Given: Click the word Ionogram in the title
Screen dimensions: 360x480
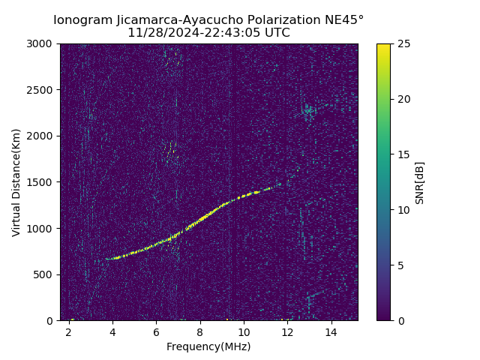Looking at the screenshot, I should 82,19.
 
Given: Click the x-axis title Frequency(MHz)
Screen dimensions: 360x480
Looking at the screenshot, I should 208,346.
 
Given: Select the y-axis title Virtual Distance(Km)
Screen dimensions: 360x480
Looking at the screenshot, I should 16,182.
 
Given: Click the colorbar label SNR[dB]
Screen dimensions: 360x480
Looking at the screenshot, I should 420,182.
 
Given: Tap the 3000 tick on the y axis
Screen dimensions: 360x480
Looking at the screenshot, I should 42,44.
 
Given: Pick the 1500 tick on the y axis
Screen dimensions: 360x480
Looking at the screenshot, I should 42,182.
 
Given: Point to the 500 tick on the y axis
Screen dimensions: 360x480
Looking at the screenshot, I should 45,274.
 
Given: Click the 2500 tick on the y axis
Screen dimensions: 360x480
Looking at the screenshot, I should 42,90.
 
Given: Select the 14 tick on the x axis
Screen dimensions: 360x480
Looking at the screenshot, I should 331,331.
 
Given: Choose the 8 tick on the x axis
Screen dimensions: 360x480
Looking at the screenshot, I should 199,331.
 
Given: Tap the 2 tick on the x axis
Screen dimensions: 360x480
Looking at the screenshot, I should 69,331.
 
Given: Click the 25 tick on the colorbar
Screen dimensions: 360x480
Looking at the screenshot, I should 403,44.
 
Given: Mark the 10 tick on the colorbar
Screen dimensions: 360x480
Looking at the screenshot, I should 403,210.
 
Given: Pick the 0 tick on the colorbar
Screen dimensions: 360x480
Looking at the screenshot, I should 400,320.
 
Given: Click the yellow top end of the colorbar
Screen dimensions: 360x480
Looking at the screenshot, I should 383,46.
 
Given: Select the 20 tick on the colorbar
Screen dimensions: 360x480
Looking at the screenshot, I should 403,99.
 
